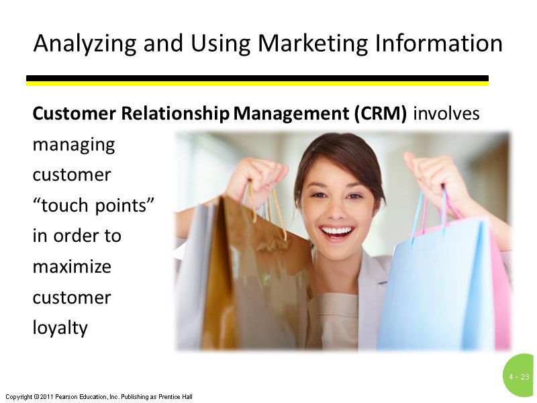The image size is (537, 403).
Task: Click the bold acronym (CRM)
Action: (x=379, y=114)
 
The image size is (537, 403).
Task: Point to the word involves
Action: (x=446, y=114)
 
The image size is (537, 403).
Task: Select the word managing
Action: (x=74, y=145)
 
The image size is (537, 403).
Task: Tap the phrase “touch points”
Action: (x=94, y=206)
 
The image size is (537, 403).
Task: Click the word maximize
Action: (x=72, y=267)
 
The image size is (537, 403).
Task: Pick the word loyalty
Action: (x=60, y=328)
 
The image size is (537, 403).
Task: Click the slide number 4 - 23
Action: (x=519, y=377)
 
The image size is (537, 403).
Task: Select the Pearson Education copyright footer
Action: (x=99, y=397)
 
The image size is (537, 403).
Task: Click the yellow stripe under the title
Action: (x=257, y=84)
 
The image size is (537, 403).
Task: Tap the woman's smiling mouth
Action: (x=336, y=233)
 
